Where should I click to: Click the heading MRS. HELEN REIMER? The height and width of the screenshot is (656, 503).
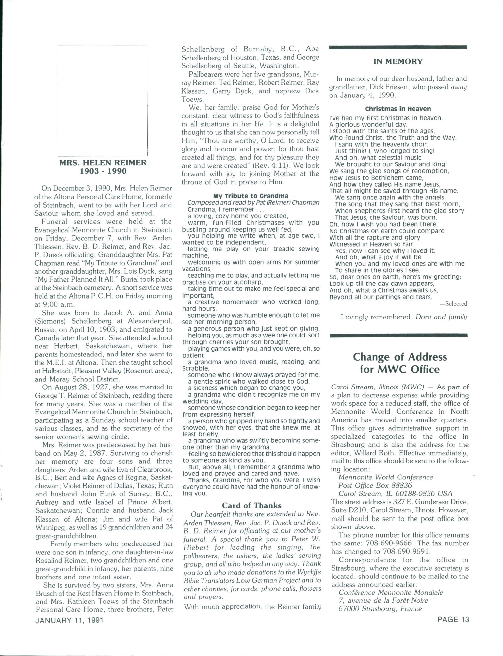[103, 163]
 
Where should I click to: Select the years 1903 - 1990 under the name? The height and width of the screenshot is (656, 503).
[103, 171]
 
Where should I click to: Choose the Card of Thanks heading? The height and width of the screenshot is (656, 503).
[251, 505]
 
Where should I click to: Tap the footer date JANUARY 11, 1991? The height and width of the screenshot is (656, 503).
[70, 620]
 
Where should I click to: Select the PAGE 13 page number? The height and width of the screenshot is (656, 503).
[453, 619]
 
